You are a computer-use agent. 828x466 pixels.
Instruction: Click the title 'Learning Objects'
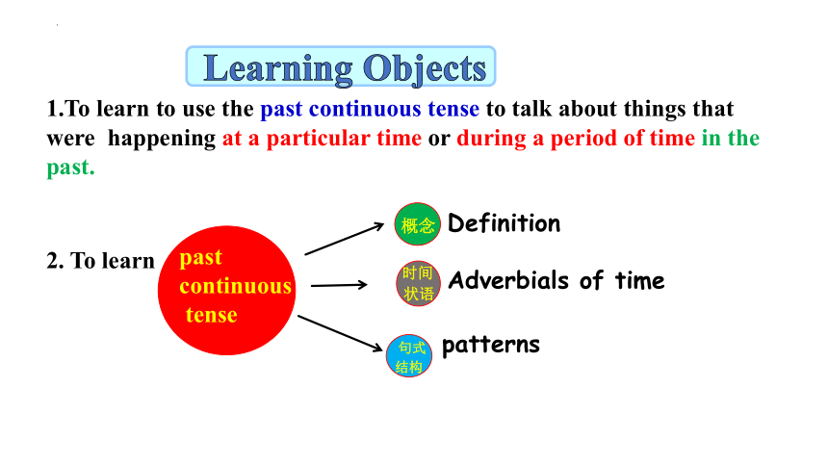click(x=345, y=68)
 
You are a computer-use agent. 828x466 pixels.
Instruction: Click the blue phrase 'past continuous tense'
click(x=370, y=109)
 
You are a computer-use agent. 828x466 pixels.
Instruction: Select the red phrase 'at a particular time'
click(x=322, y=139)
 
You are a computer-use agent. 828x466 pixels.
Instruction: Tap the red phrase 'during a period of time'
click(x=576, y=139)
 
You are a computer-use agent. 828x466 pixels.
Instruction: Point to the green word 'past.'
click(x=70, y=168)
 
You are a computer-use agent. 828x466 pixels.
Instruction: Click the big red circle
click(x=226, y=290)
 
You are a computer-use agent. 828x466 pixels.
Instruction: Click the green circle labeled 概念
click(x=417, y=224)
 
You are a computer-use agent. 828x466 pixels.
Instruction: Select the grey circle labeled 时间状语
click(x=418, y=283)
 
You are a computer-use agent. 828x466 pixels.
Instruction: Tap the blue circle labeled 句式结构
click(x=409, y=355)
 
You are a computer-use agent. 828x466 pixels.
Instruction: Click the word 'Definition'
click(x=504, y=223)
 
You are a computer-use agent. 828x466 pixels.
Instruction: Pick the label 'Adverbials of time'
click(x=556, y=280)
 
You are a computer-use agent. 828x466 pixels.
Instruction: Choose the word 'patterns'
click(x=491, y=345)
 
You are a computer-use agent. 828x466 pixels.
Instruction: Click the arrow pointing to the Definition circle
click(x=345, y=239)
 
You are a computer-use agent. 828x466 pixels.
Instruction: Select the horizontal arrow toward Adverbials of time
click(x=339, y=285)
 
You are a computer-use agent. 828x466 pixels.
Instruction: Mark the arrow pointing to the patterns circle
click(x=340, y=333)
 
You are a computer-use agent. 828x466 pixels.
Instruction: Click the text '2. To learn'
click(x=100, y=261)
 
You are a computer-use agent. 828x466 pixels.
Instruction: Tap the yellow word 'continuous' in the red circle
click(x=236, y=286)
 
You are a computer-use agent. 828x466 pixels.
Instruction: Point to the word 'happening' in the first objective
click(x=162, y=139)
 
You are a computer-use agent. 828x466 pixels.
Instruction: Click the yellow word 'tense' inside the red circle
click(x=211, y=315)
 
